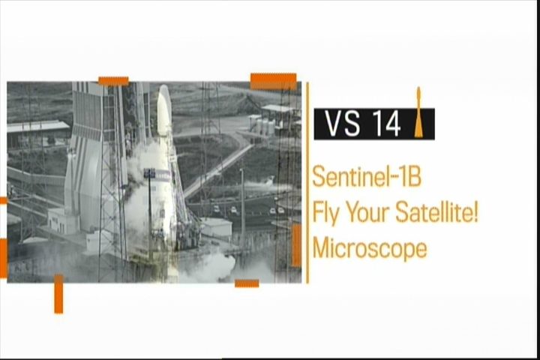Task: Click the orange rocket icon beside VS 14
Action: tap(418, 112)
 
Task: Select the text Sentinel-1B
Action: tap(367, 176)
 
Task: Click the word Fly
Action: tap(325, 214)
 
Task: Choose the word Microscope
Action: tap(370, 249)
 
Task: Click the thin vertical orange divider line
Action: tap(307, 182)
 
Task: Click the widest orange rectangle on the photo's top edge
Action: tap(274, 82)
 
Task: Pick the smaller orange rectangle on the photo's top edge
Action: tap(113, 81)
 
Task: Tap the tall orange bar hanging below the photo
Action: tap(58, 294)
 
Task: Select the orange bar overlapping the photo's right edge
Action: tap(296, 245)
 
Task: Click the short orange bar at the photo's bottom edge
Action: tap(247, 283)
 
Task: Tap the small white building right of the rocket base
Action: tap(216, 226)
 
